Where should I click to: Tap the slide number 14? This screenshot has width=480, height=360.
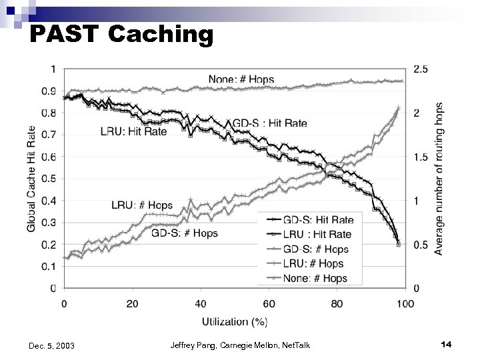446,344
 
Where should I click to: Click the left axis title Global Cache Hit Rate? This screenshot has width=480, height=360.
32,179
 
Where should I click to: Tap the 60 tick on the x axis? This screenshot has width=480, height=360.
268,304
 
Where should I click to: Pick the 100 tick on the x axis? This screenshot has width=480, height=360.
404,304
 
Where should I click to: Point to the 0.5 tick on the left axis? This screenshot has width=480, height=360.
49,179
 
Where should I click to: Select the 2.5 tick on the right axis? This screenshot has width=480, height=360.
421,69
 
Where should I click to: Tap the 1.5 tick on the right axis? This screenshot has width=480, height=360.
421,157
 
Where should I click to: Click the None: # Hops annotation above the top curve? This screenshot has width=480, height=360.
241,79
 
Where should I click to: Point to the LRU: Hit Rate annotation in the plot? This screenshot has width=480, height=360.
134,131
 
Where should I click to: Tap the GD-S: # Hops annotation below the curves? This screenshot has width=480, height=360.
185,233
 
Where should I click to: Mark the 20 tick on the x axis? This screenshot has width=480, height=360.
132,304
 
